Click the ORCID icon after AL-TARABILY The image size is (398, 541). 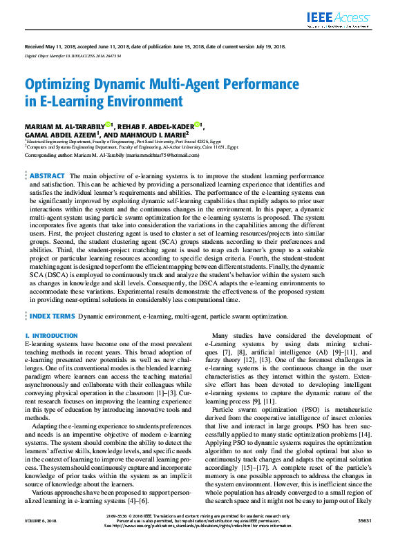[x=108, y=124]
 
